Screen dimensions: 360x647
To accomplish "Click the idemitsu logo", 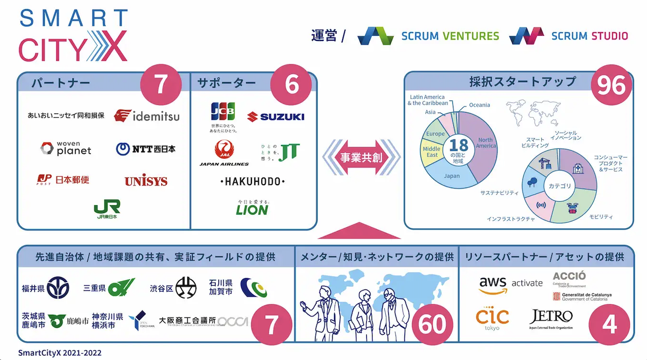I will (x=147, y=116).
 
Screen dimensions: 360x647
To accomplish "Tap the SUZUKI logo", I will (x=275, y=116).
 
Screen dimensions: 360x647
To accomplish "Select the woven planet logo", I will (x=66, y=148).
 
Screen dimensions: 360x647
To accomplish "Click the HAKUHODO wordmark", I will (x=252, y=182).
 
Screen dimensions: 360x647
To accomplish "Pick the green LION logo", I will (x=252, y=209).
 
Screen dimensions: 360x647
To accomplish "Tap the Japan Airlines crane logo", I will (x=224, y=149).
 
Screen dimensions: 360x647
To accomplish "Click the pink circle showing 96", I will (x=611, y=86).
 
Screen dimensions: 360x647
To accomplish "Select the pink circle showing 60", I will (x=432, y=324).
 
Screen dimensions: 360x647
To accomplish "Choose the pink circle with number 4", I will (x=608, y=324).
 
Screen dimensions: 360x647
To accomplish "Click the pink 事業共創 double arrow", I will (x=361, y=158).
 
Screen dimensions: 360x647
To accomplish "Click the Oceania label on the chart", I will (x=479, y=105).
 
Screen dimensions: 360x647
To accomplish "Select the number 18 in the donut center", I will (x=458, y=145).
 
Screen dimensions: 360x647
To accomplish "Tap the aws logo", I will (x=493, y=284).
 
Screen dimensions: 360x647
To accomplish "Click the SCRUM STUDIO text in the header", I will (x=589, y=36).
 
